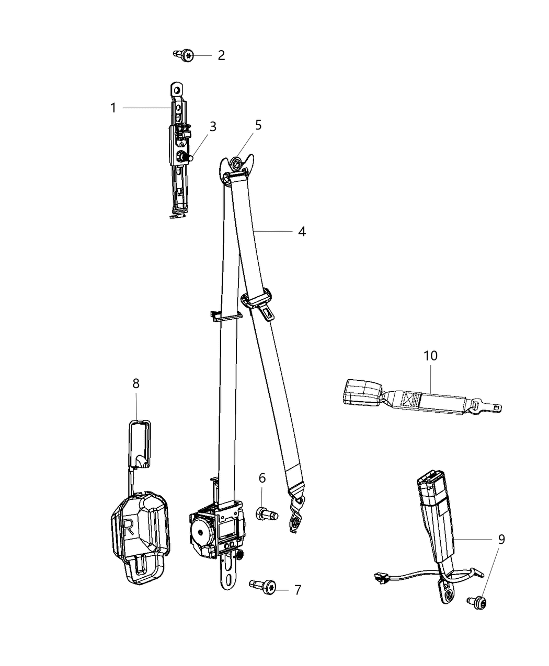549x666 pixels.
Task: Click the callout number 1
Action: point(113,108)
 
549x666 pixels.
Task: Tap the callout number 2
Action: point(221,55)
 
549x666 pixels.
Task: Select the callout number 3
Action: point(213,126)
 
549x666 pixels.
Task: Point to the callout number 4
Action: point(302,231)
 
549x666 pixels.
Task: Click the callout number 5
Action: point(258,125)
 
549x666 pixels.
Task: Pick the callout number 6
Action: point(262,477)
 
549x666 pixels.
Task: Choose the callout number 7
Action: point(298,590)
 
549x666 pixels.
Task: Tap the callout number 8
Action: point(136,383)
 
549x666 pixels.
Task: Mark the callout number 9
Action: point(501,539)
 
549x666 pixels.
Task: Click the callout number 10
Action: point(430,356)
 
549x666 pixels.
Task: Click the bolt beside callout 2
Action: point(185,54)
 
